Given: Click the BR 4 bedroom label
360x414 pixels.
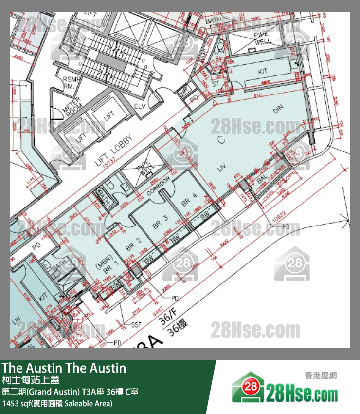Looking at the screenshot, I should (x=189, y=199).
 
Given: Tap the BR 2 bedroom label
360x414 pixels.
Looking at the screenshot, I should (x=133, y=244).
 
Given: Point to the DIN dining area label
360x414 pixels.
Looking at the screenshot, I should (x=278, y=110).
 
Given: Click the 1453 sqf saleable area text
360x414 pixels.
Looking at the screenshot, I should (x=57, y=403).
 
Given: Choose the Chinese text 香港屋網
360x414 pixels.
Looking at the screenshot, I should (x=321, y=376).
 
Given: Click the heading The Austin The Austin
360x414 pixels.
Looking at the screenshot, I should (x=64, y=368).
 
